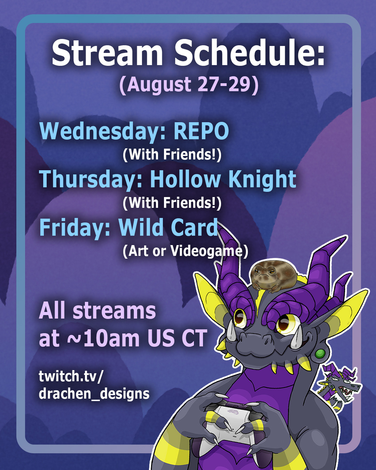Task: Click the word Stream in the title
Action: click(x=107, y=53)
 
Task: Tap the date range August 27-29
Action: click(x=189, y=85)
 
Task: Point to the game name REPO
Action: click(x=201, y=131)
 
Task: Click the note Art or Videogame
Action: click(x=185, y=251)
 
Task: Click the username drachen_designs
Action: click(x=94, y=393)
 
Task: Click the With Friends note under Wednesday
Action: click(x=172, y=155)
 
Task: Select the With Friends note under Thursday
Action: click(x=172, y=203)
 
